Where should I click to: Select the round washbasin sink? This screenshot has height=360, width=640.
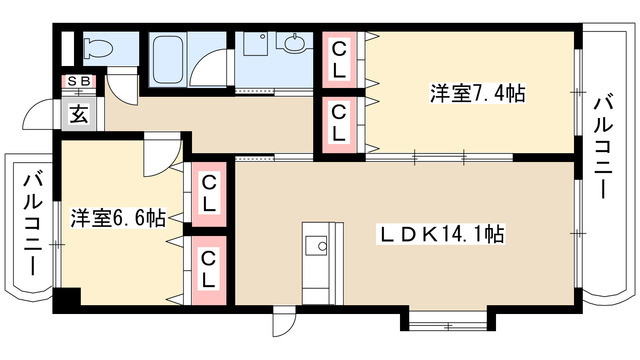coord(294,44)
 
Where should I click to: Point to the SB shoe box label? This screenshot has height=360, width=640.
coord(76,81)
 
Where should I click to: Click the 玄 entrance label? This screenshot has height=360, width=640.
coord(78,111)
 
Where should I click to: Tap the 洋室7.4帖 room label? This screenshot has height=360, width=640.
coord(478,93)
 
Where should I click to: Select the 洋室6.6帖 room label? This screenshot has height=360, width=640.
coord(118,216)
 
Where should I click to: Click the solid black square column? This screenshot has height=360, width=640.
coord(66,299)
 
